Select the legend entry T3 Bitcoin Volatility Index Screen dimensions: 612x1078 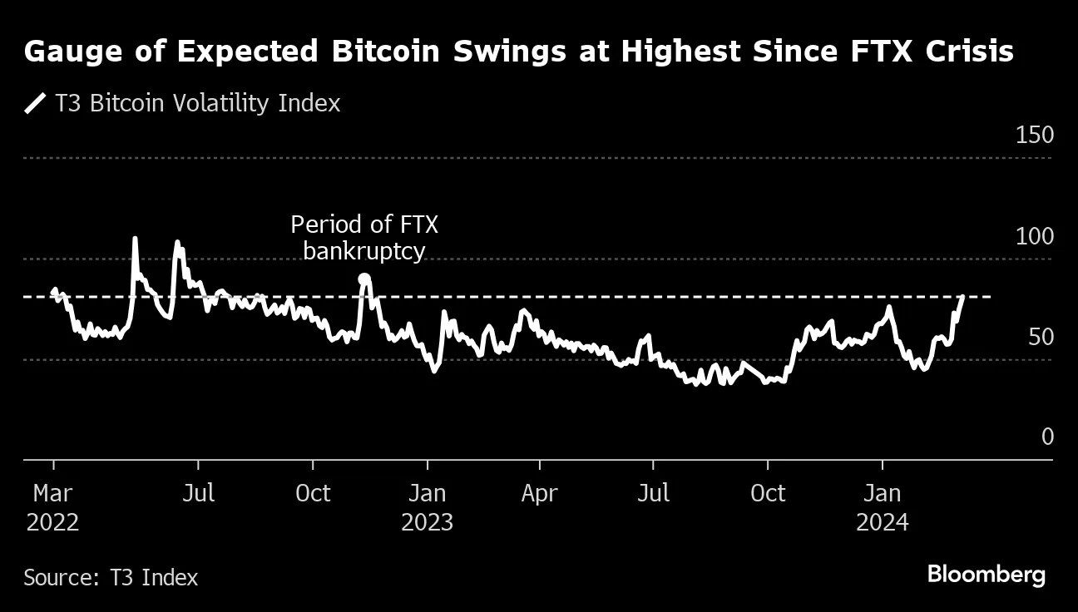(x=197, y=103)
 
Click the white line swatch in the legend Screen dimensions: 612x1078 (x=35, y=104)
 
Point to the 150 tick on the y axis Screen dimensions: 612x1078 (x=1035, y=136)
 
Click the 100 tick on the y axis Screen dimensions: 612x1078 (x=1035, y=236)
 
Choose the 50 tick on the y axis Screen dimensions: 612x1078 (x=1040, y=337)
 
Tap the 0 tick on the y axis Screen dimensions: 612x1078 (x=1047, y=437)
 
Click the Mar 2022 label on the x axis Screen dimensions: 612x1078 (x=52, y=507)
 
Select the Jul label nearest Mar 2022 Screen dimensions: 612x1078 (x=198, y=493)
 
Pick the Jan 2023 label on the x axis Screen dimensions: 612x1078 (x=427, y=507)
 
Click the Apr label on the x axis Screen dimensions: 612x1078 (x=539, y=493)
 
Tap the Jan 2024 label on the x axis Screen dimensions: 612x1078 (x=882, y=507)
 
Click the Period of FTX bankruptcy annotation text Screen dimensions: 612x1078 (x=363, y=238)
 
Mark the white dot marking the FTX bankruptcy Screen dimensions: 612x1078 (x=363, y=279)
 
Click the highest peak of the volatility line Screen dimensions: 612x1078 (x=135, y=239)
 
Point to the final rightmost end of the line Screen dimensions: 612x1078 (x=963, y=296)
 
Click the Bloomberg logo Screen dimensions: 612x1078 (x=986, y=575)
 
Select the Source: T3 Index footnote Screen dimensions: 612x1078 (x=111, y=577)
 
